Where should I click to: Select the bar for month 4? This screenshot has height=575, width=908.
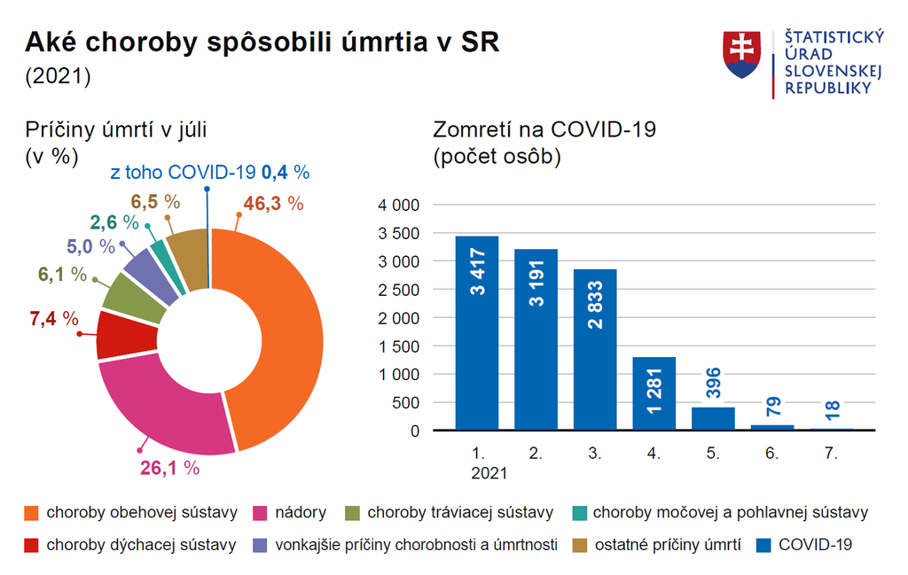coord(654,393)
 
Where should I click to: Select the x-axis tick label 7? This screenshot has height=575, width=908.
coord(830,453)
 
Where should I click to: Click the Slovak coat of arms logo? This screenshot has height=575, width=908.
coord(743,55)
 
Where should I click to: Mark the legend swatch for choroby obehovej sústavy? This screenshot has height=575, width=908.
coord(32,512)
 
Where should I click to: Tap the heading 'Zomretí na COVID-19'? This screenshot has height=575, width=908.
coord(544,129)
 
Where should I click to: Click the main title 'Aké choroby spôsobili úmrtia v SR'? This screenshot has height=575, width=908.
coord(262,43)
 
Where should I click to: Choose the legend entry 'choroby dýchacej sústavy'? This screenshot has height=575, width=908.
coord(141,545)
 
